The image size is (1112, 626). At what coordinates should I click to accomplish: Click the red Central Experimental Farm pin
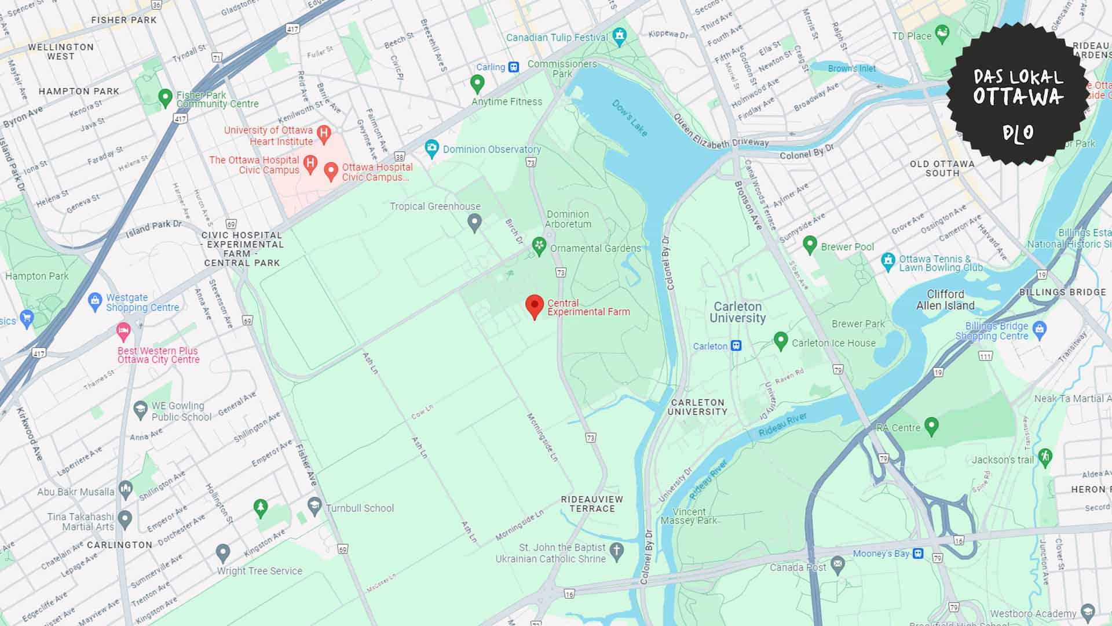click(x=534, y=306)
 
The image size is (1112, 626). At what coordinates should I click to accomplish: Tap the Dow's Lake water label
click(x=630, y=118)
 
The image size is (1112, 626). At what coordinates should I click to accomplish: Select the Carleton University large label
click(x=737, y=312)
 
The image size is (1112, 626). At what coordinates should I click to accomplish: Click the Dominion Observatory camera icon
click(x=431, y=148)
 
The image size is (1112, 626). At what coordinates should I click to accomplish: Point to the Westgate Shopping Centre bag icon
click(x=94, y=301)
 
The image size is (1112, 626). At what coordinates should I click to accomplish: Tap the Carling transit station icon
click(x=514, y=67)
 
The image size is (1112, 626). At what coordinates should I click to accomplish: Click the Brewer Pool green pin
click(x=810, y=245)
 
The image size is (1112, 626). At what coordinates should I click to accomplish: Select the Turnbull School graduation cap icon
click(x=314, y=506)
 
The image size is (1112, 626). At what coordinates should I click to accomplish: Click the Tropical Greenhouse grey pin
click(x=474, y=222)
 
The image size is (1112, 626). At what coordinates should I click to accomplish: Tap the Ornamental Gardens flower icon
click(x=539, y=246)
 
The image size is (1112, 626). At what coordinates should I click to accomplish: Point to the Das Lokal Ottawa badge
click(x=1018, y=94)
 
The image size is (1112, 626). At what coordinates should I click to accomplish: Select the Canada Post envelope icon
click(x=837, y=563)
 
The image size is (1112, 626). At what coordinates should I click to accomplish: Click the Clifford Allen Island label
click(x=945, y=300)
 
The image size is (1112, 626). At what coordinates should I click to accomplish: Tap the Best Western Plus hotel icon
click(x=123, y=332)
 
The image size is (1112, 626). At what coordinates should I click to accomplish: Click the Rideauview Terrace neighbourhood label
click(x=592, y=503)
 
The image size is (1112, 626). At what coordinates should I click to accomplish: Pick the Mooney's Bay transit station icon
click(x=918, y=553)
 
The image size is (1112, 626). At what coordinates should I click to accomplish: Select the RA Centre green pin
click(x=931, y=426)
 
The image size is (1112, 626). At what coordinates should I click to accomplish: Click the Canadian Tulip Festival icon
click(x=620, y=36)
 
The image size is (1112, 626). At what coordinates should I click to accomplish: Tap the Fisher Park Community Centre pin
click(x=165, y=97)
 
